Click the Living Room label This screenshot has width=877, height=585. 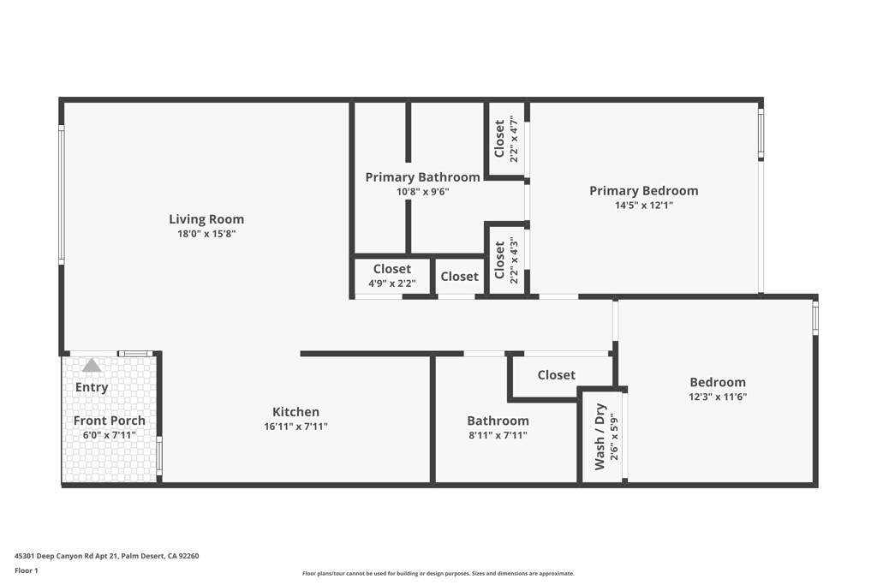click(x=206, y=219)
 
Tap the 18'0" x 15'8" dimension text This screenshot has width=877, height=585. click(x=206, y=233)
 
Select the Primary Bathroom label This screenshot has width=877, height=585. click(x=422, y=177)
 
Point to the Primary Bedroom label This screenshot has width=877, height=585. click(x=643, y=191)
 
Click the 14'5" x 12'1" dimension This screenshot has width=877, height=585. click(x=643, y=206)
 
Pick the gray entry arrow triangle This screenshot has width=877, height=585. click(x=92, y=366)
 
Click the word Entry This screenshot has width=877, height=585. click(x=92, y=387)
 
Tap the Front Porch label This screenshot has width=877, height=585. click(x=109, y=421)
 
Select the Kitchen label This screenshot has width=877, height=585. click(x=295, y=412)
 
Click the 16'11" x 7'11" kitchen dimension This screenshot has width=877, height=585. click(x=295, y=426)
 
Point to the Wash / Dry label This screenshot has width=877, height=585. click(x=600, y=436)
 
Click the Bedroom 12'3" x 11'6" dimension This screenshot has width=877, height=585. click(x=718, y=397)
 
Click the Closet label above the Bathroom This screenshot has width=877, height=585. click(x=556, y=375)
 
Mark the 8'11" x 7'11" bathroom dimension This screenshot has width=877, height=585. click(x=498, y=435)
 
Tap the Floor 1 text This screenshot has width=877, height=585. click(x=26, y=570)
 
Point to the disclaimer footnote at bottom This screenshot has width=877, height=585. click(x=438, y=574)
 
